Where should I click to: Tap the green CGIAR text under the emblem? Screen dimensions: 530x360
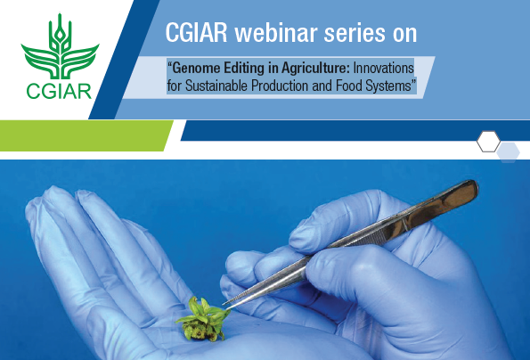[59, 91]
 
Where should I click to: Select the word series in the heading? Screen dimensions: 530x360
[355, 33]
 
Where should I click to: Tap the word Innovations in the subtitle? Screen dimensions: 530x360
[383, 69]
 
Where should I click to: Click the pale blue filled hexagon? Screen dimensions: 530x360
[509, 153]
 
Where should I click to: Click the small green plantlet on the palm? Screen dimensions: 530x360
[203, 319]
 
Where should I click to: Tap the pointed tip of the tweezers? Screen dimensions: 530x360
[224, 305]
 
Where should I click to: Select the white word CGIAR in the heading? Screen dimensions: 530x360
[196, 33]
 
